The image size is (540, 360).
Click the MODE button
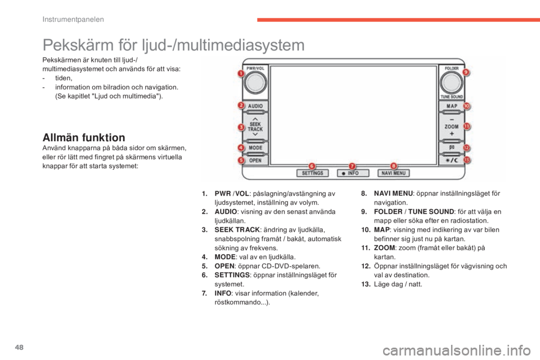coord(256,148)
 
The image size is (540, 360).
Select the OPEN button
coord(256,160)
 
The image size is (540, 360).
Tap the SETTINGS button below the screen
coord(313,173)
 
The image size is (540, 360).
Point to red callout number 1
coord(240,74)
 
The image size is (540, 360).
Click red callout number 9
coord(466,73)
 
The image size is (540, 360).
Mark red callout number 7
coord(353,165)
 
